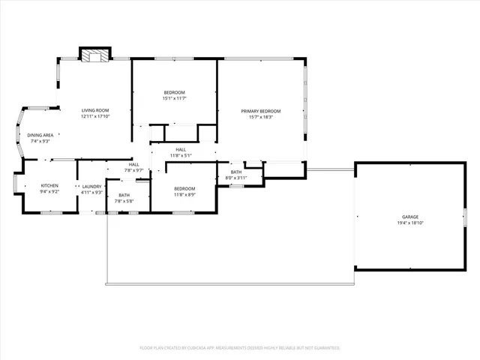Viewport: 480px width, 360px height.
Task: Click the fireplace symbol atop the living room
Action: (x=94, y=55)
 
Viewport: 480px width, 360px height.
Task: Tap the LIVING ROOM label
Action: (x=95, y=110)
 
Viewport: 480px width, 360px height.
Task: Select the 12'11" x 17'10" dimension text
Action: (x=95, y=116)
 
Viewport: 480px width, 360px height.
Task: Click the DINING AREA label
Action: (x=40, y=135)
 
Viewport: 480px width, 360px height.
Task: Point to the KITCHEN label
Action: (x=49, y=185)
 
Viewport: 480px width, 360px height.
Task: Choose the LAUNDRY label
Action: (x=92, y=186)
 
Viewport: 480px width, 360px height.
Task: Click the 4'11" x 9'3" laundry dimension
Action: (x=92, y=192)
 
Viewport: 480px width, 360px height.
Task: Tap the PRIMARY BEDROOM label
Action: (x=261, y=111)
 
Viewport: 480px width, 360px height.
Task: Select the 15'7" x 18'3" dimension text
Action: (x=261, y=117)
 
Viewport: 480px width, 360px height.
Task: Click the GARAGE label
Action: (x=409, y=217)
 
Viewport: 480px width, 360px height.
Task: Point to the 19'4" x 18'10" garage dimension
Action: (x=409, y=223)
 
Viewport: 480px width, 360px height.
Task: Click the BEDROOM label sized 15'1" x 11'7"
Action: (x=174, y=92)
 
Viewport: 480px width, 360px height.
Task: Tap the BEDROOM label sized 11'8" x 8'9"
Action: (x=184, y=188)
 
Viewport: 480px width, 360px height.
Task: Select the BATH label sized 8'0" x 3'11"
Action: (x=236, y=172)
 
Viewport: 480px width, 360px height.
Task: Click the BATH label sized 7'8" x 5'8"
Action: (x=124, y=195)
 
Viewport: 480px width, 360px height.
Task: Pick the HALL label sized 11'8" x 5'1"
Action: (x=181, y=149)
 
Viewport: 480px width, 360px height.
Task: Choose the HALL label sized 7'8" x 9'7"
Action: (x=133, y=164)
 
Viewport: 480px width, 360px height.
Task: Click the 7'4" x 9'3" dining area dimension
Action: (x=40, y=141)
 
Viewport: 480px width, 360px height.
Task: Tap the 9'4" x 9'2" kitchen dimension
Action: (x=49, y=191)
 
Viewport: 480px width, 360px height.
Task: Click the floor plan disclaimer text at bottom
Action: (x=240, y=348)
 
